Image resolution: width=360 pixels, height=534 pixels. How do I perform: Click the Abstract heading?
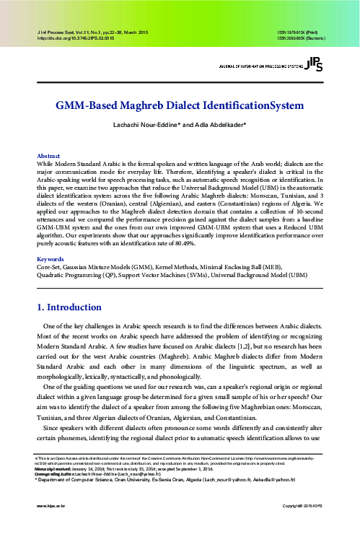point(48,155)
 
